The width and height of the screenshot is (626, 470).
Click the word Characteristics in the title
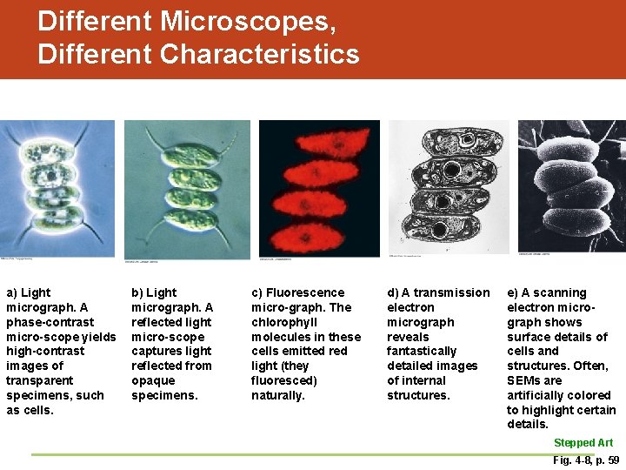[260, 54]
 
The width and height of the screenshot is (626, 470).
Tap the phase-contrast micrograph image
[57, 188]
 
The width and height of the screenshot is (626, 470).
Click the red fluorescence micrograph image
[319, 188]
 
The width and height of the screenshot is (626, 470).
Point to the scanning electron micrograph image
[571, 186]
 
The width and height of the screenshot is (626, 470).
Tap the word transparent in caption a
[41, 380]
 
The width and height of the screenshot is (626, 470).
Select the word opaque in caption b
[152, 380]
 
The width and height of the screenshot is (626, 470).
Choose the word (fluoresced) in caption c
[284, 380]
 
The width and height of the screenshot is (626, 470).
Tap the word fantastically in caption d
[422, 351]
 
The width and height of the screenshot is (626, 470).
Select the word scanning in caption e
[562, 292]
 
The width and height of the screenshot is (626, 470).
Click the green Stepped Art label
[583, 442]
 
